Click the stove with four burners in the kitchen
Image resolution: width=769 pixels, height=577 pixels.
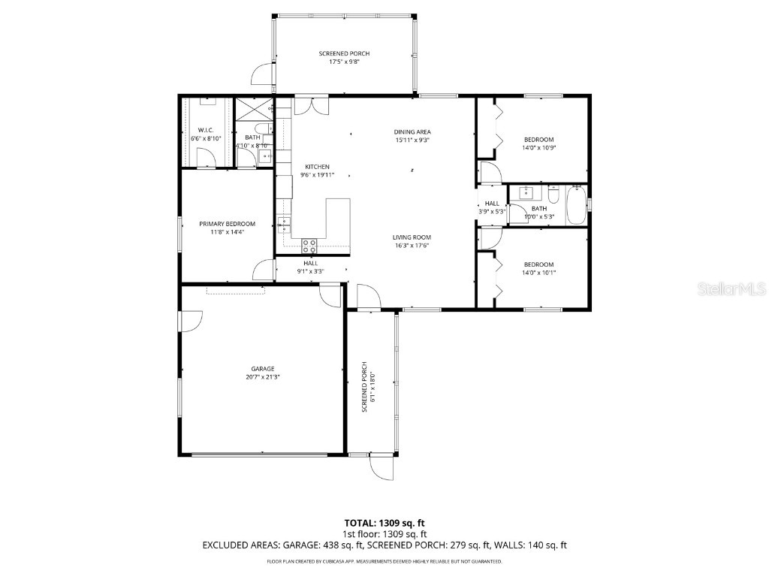pos(309,244)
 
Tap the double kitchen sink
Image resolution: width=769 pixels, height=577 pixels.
pos(284,223)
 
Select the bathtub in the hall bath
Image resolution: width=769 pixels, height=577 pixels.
pos(576,205)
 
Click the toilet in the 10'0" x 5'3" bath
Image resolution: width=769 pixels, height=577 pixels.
pos(553,195)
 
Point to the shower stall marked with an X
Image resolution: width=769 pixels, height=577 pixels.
pos(255,108)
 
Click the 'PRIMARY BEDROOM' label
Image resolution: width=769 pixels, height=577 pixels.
pos(227,224)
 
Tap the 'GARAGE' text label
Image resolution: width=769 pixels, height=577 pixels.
pos(263,369)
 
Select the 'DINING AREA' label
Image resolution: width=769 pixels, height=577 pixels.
pos(413,132)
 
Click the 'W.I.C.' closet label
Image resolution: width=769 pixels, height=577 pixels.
pos(206,131)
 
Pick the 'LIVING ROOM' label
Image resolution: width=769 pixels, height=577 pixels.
pos(412,237)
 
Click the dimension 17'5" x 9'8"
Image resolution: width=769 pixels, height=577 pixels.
pos(344,62)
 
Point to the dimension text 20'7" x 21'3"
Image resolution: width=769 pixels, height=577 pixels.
pos(263,378)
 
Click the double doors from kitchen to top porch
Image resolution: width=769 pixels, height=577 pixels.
pos(311,106)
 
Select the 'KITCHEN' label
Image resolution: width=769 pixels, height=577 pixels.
pos(316,167)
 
